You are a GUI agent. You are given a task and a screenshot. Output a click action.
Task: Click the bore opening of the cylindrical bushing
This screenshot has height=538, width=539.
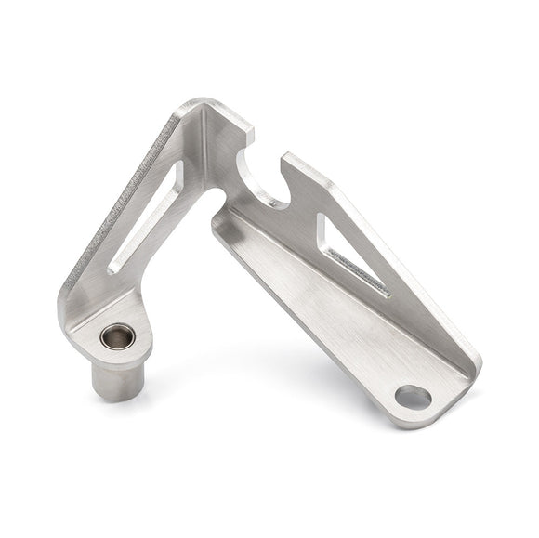[117, 335]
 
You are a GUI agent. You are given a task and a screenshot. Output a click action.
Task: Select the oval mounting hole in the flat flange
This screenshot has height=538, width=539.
[413, 398]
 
